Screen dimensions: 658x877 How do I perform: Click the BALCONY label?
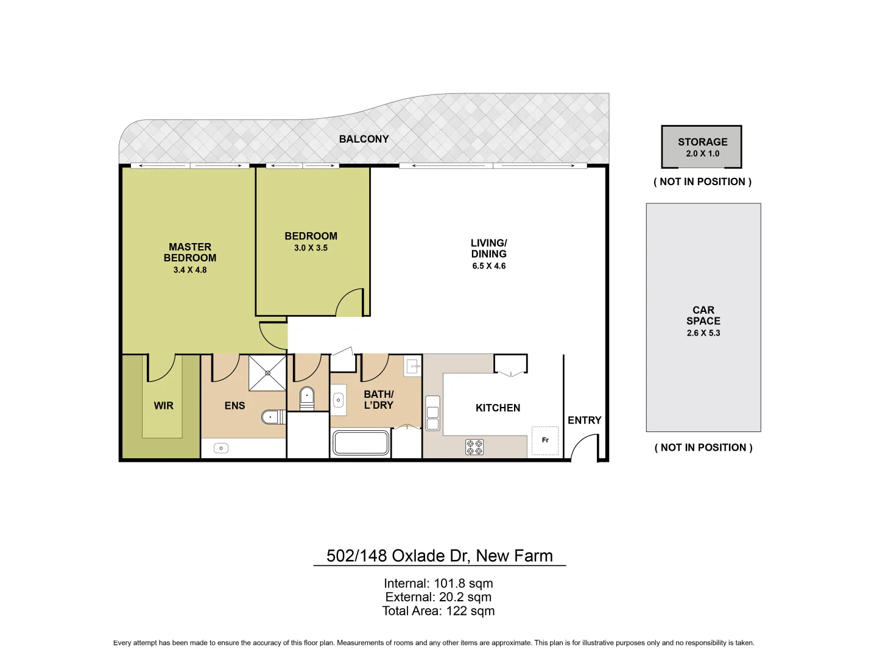[364, 140]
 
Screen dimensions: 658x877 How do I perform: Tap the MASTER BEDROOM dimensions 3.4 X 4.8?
[190, 270]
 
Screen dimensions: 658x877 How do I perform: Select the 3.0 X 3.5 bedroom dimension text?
[311, 248]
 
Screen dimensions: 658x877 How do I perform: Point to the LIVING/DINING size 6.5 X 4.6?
[488, 266]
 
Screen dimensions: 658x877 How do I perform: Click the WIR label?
[163, 406]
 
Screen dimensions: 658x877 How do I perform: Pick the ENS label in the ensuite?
[234, 406]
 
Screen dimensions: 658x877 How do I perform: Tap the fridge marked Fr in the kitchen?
[545, 440]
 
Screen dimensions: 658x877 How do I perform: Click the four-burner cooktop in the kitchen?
[474, 447]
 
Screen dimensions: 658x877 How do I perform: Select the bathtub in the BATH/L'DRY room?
[361, 443]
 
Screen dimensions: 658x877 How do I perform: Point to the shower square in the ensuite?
[267, 373]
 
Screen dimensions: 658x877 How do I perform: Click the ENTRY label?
[584, 420]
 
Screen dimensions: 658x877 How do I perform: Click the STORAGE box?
[702, 147]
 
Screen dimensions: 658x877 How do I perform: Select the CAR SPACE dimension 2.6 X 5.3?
[703, 333]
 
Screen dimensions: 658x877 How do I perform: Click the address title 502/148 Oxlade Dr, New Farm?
[439, 556]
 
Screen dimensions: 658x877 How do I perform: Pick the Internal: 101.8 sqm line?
[438, 584]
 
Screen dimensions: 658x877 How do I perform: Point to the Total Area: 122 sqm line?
[438, 611]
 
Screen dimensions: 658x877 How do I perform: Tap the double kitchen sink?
[432, 413]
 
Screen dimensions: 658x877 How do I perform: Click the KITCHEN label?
[498, 408]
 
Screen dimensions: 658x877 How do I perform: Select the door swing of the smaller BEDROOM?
[350, 303]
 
